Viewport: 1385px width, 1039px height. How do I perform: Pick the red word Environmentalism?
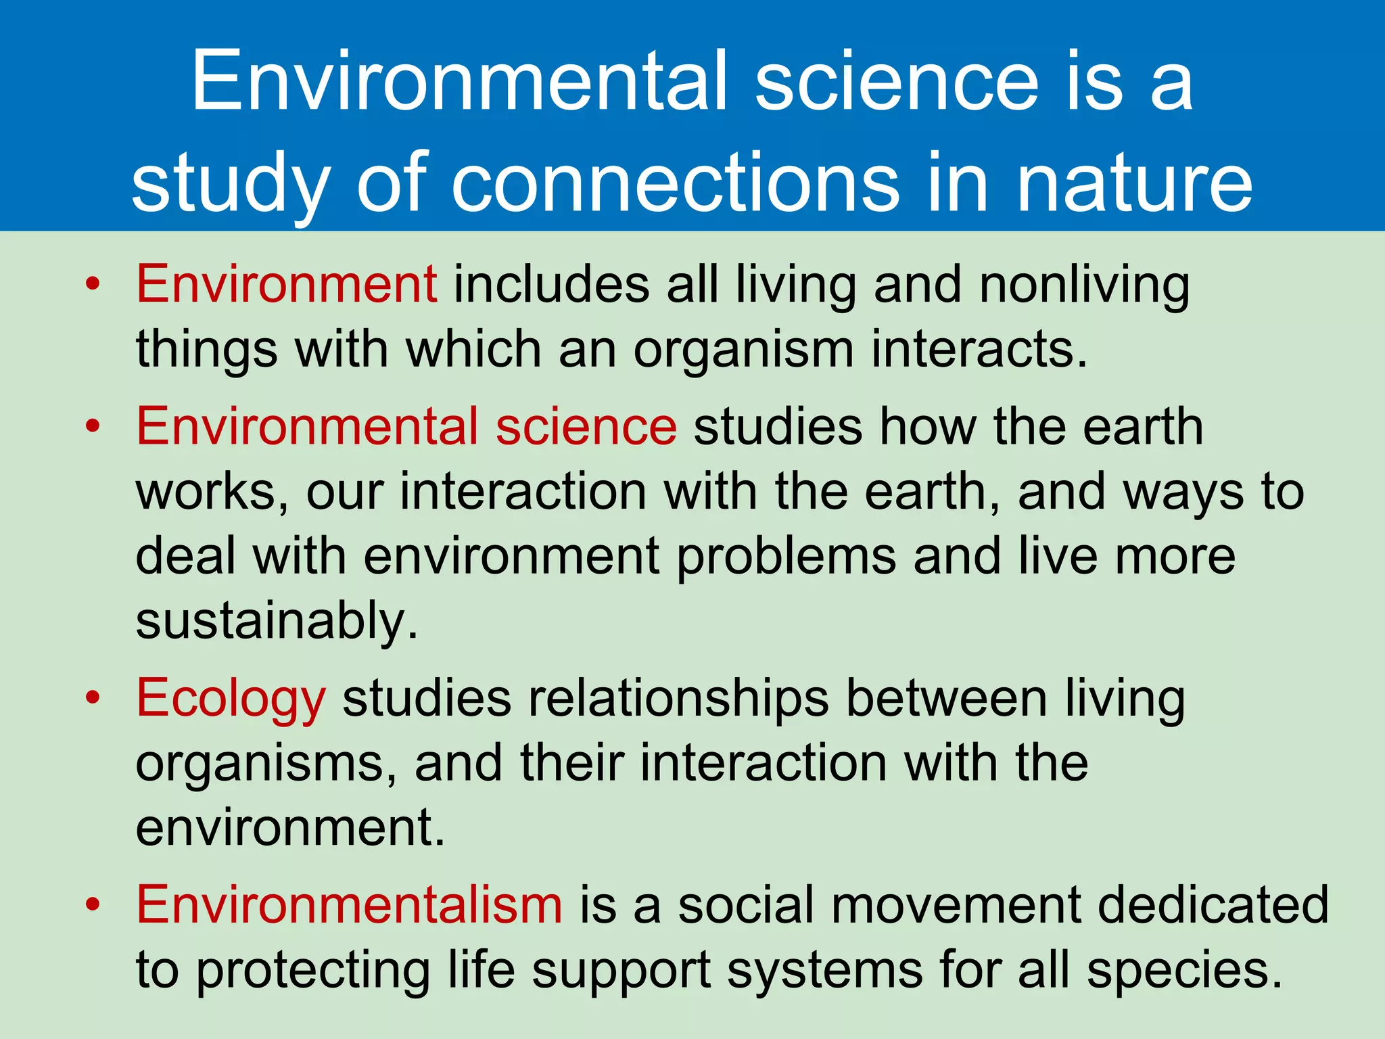point(349,904)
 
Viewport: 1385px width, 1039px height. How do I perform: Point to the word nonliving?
point(1085,284)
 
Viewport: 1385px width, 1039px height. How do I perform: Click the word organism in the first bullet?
point(744,350)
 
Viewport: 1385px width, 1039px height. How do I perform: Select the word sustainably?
point(277,621)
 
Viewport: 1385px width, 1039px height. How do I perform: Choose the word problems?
point(787,556)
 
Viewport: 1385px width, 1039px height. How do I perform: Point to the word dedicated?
point(1214,904)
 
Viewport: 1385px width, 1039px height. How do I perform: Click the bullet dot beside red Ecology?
point(93,697)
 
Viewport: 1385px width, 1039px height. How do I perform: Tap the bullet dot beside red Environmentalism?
point(93,903)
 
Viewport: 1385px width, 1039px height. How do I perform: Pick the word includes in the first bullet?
point(552,284)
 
